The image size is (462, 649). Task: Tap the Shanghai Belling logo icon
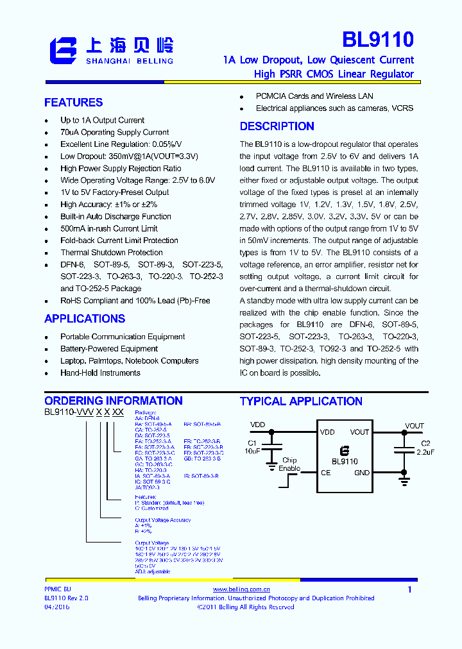click(x=64, y=50)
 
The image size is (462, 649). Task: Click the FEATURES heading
click(x=73, y=103)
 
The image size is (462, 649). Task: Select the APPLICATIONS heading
click(x=85, y=319)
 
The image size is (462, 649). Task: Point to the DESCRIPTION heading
click(x=277, y=126)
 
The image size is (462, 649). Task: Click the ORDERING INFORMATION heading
click(x=114, y=401)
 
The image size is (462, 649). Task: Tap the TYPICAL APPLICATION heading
click(x=301, y=401)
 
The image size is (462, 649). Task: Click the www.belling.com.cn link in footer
click(x=241, y=589)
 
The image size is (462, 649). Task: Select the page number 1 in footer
click(x=409, y=589)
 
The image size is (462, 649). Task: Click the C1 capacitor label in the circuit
click(x=252, y=443)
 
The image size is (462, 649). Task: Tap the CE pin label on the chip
click(x=326, y=473)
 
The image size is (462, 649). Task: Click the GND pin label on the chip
click(x=361, y=473)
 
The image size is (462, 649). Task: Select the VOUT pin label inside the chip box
click(x=359, y=432)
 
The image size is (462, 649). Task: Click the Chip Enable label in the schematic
click(x=289, y=464)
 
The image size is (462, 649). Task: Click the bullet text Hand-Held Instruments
click(x=100, y=373)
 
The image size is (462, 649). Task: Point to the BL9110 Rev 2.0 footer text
click(x=66, y=598)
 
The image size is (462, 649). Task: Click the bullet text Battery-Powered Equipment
click(x=109, y=349)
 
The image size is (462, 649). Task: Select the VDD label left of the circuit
click(x=257, y=425)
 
